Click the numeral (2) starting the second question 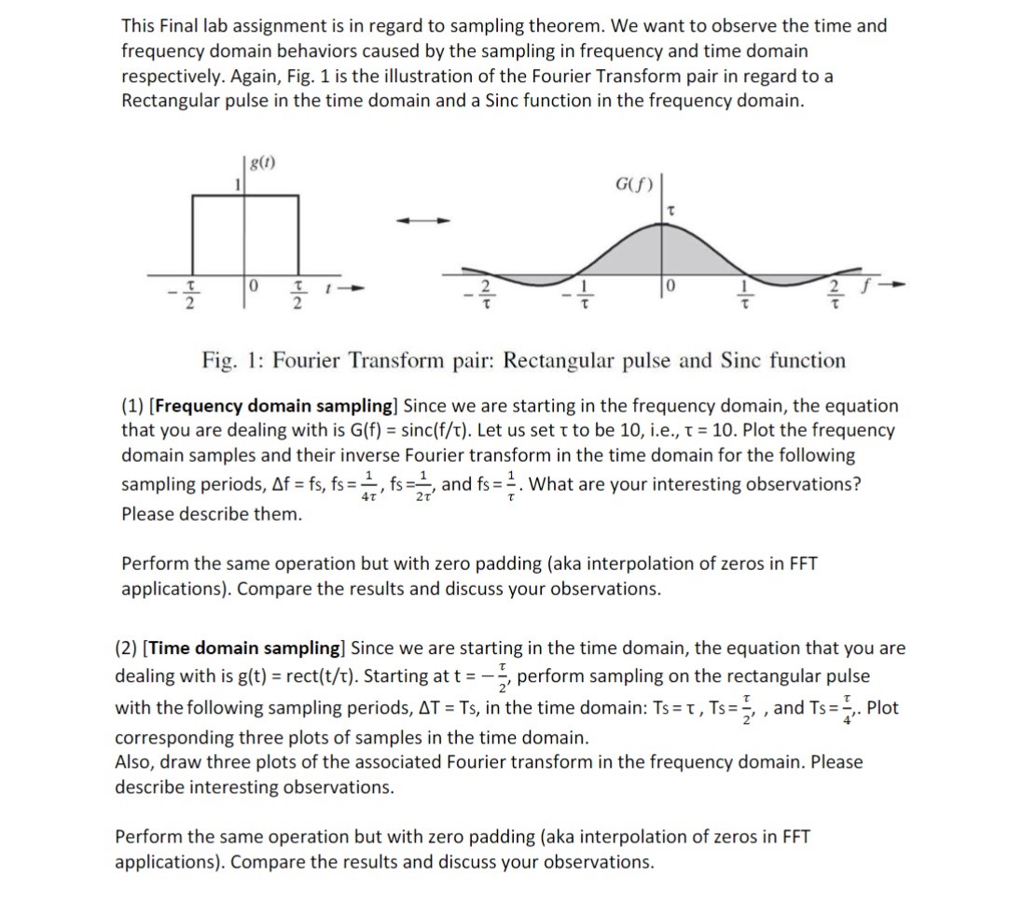[128, 648]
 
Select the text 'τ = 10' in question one [688, 431]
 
